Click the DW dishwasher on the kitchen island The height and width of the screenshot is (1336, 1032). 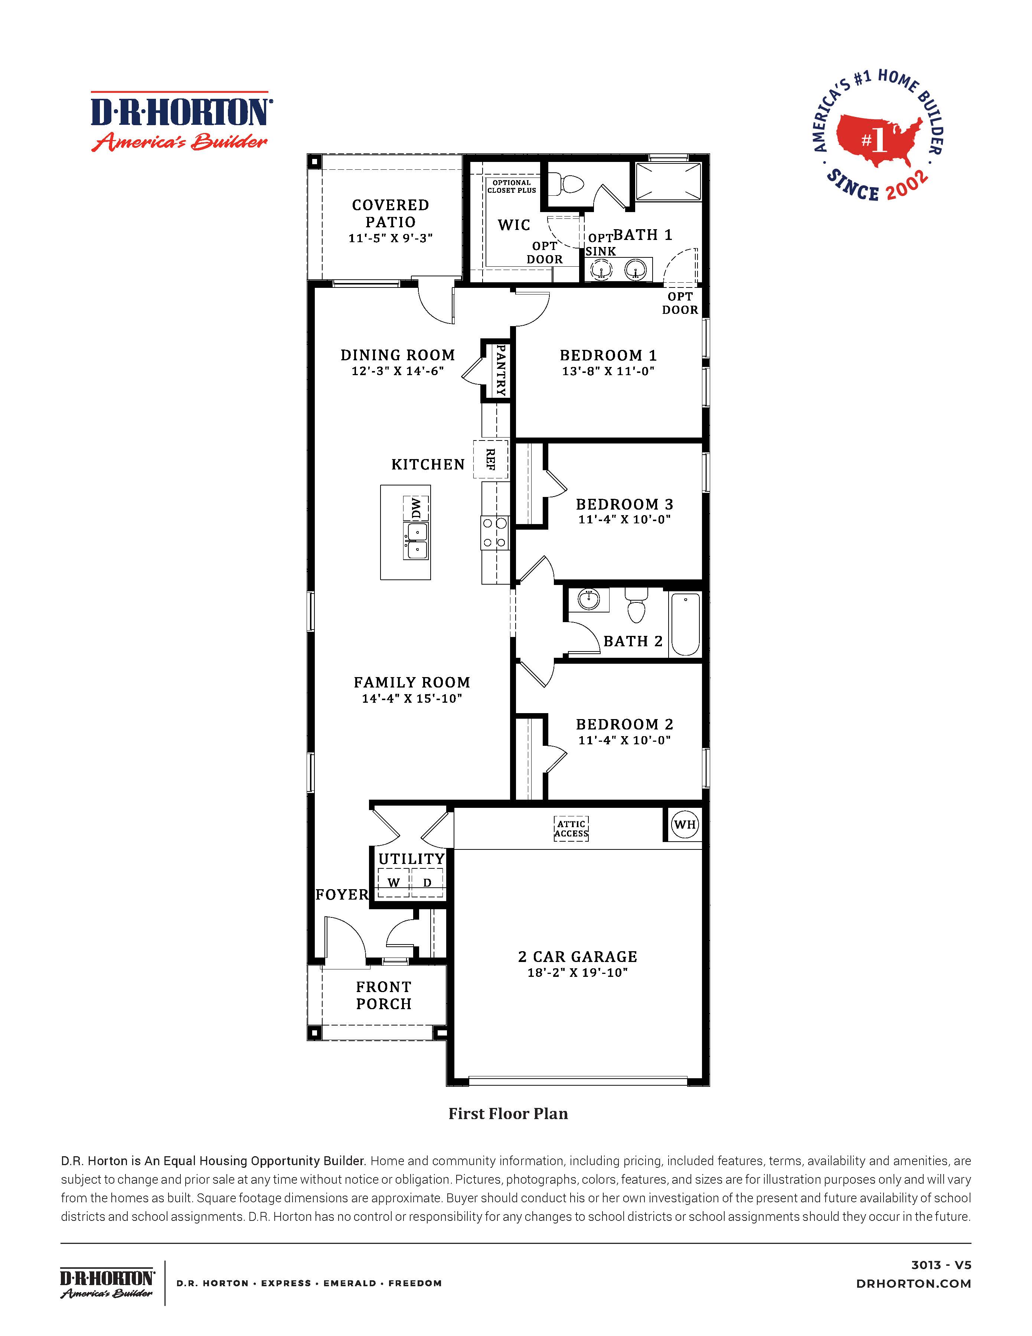(416, 508)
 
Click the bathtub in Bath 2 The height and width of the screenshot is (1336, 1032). (685, 624)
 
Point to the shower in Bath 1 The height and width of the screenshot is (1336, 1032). (668, 181)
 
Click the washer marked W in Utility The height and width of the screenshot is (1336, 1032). (394, 883)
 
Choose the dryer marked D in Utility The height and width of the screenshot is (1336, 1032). (427, 883)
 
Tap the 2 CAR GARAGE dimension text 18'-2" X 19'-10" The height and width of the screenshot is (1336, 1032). (578, 973)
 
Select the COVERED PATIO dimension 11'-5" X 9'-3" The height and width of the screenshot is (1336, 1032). (391, 238)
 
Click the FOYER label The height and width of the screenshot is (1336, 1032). (342, 894)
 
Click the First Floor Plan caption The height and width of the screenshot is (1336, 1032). (508, 1114)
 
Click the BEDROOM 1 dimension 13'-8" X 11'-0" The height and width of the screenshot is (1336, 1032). (608, 371)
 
